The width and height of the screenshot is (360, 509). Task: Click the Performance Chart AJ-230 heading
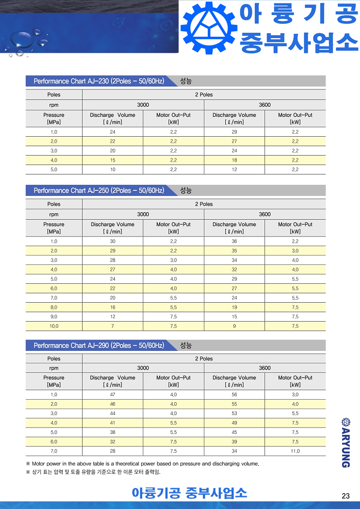(98, 81)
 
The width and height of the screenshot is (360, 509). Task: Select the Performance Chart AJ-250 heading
(98, 190)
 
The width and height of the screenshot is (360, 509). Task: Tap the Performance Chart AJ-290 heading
(98, 345)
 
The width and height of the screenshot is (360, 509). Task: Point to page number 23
(346, 496)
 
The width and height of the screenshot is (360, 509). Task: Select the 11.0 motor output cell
(295, 451)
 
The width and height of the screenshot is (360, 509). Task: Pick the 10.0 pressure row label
(54, 326)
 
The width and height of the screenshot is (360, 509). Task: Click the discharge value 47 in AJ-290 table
(112, 394)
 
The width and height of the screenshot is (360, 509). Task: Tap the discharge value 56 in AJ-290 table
(234, 394)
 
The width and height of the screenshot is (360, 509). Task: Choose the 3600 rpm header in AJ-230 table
(265, 105)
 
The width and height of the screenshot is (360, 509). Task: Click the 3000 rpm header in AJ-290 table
(143, 368)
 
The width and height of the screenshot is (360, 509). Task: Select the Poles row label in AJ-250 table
(54, 204)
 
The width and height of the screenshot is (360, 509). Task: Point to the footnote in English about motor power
(142, 464)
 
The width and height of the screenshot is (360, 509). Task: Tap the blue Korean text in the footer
(189, 493)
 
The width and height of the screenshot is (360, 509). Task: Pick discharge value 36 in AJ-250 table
(234, 241)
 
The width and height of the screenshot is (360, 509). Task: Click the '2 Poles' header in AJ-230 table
(203, 94)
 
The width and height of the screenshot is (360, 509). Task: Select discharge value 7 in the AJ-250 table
(112, 326)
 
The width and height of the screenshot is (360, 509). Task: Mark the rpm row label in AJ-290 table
(54, 368)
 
